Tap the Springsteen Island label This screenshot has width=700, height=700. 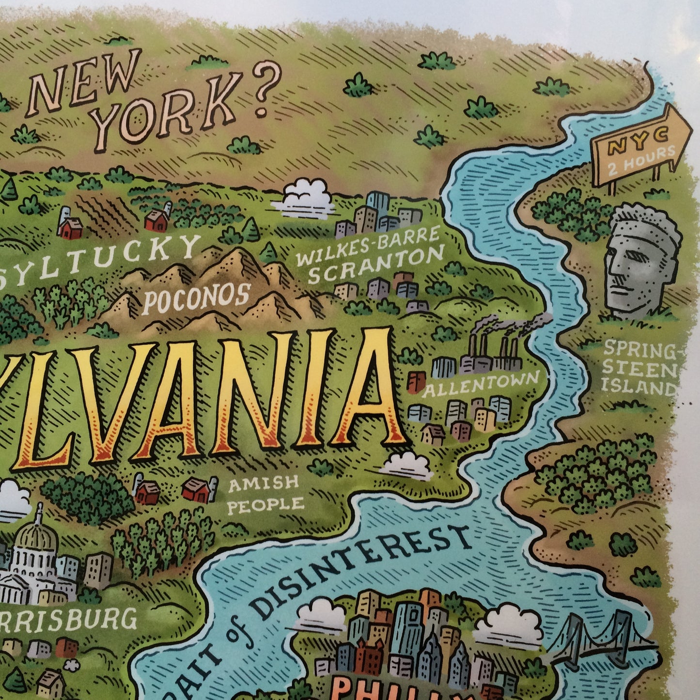click(x=639, y=368)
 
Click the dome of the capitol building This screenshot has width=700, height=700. click(x=36, y=535)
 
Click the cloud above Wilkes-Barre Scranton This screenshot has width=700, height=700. click(x=304, y=196)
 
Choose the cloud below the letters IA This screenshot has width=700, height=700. click(x=407, y=466)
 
